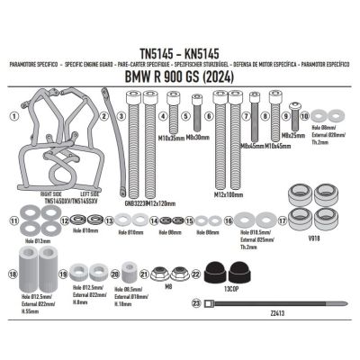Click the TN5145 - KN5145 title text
click(180, 52)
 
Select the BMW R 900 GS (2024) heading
click(180, 79)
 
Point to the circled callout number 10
click(304, 116)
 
